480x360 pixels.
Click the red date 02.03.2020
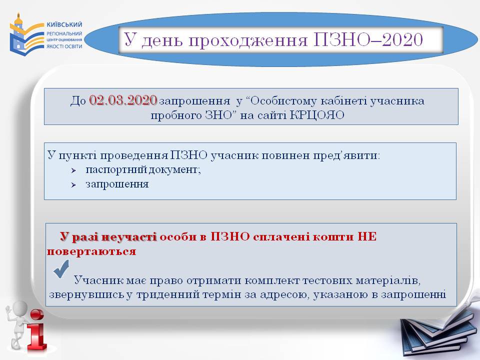pos(123,100)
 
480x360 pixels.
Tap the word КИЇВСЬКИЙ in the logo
pos(64,24)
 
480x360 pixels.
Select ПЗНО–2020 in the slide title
pos(368,39)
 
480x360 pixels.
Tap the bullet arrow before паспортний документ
pos(73,170)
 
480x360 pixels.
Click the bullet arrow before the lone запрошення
pos(73,185)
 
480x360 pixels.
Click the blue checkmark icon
pos(61,269)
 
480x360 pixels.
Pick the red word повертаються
pos(91,251)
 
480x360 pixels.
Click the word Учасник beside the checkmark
pos(98,280)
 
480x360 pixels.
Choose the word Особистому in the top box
pos(281,100)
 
